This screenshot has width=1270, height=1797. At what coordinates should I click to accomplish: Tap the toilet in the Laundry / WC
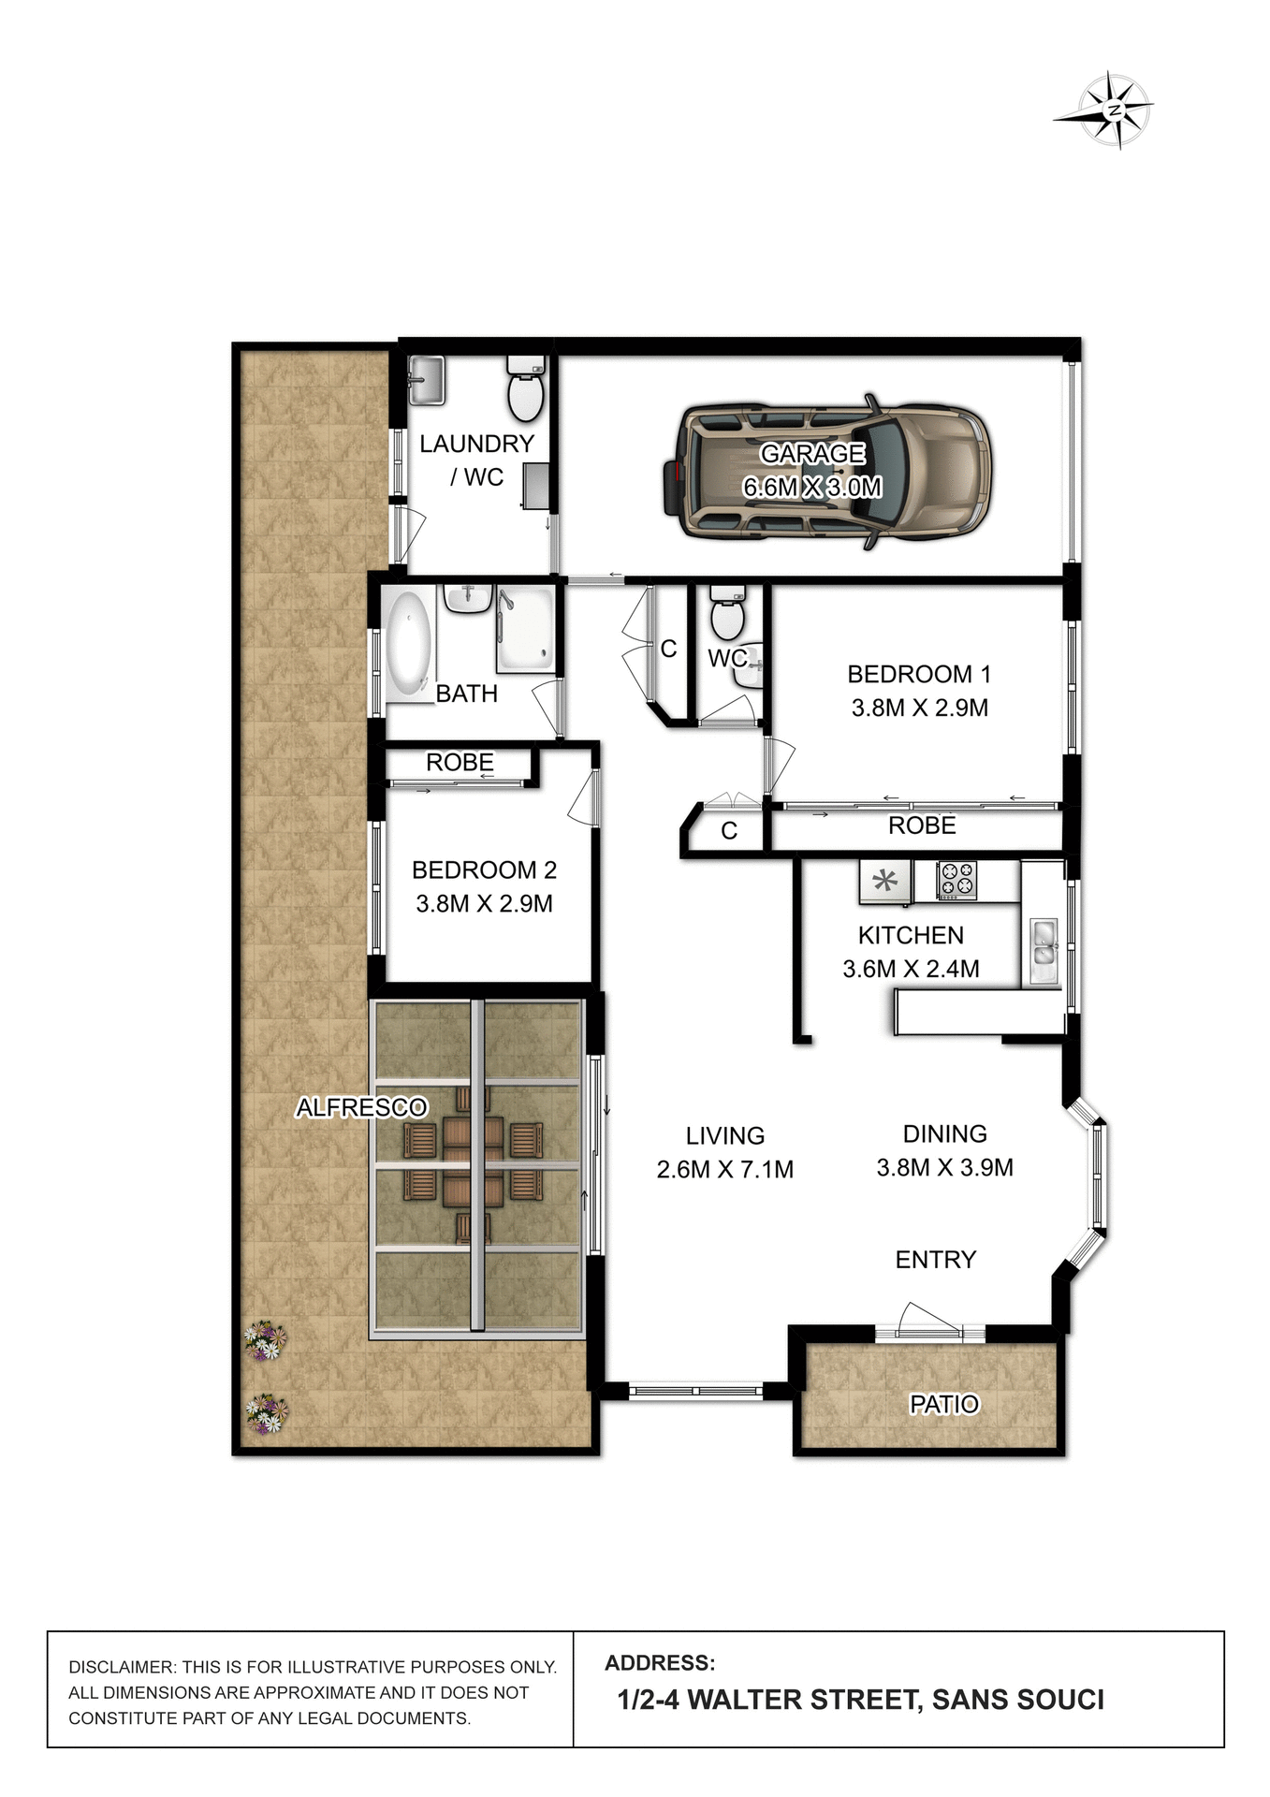pyautogui.click(x=525, y=391)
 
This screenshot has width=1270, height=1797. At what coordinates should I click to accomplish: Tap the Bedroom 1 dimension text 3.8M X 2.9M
pyautogui.click(x=919, y=709)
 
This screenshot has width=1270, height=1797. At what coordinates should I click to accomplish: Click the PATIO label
pyautogui.click(x=943, y=1404)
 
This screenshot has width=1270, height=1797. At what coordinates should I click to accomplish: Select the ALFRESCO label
pyautogui.click(x=361, y=1108)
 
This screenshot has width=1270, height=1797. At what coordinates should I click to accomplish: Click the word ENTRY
pyautogui.click(x=935, y=1260)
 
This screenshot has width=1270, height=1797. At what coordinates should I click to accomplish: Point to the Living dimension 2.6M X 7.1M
pyautogui.click(x=724, y=1170)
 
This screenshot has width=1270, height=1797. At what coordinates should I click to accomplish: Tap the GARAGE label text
pyautogui.click(x=811, y=454)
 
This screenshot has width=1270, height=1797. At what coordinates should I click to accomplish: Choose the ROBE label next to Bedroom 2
pyautogui.click(x=460, y=763)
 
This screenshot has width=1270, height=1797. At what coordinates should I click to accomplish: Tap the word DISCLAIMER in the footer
pyautogui.click(x=121, y=1667)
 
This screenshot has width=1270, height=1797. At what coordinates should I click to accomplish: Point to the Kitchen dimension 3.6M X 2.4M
pyautogui.click(x=910, y=970)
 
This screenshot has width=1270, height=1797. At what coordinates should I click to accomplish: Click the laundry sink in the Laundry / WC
pyautogui.click(x=427, y=380)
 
